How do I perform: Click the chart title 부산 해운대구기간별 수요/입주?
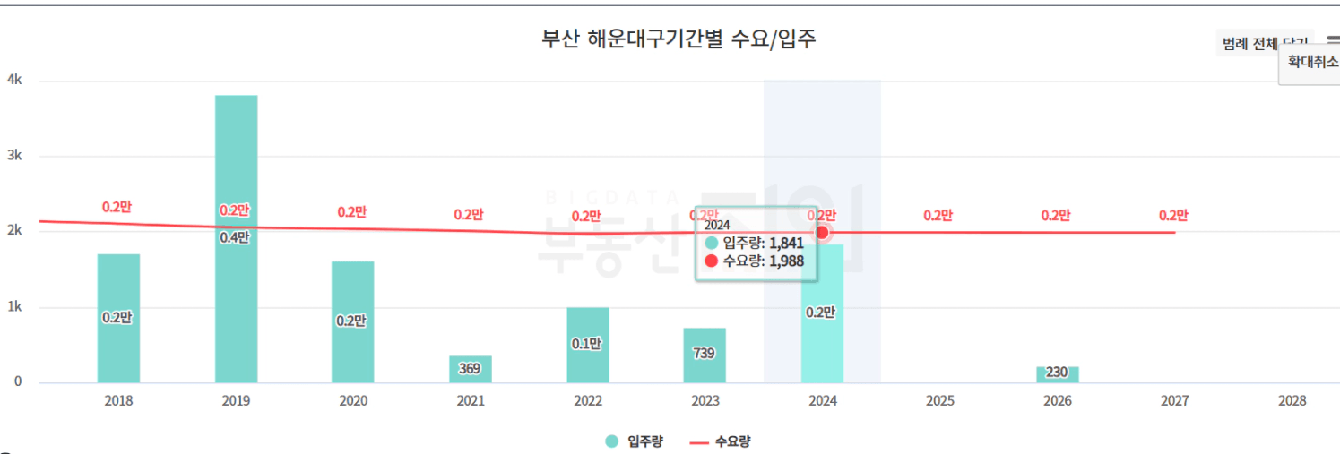click(679, 39)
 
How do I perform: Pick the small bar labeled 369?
click(471, 369)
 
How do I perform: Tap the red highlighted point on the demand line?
click(822, 232)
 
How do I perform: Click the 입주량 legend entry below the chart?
click(635, 441)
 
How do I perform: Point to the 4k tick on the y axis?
click(14, 80)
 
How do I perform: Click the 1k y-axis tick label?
click(14, 307)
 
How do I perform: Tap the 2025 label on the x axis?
click(939, 401)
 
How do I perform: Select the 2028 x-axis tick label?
click(1292, 401)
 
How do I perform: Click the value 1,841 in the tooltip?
click(786, 243)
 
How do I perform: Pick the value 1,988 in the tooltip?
click(786, 261)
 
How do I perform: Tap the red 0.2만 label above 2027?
click(1172, 215)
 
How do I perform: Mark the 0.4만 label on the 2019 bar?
click(235, 237)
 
